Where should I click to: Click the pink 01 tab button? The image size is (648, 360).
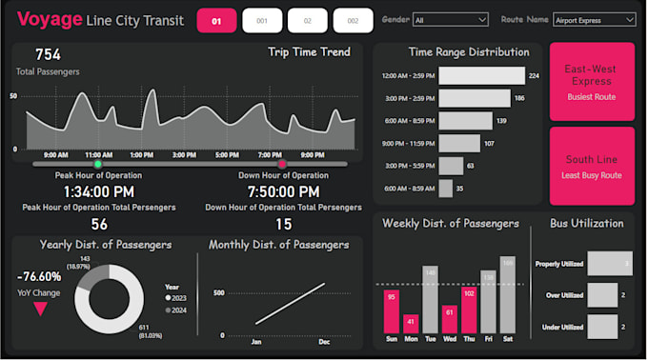click(x=216, y=21)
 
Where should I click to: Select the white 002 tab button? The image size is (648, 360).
click(x=353, y=21)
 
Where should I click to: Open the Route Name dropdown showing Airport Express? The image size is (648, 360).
click(x=580, y=19)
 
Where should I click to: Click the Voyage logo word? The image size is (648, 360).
click(x=50, y=20)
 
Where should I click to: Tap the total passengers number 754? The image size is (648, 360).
click(x=48, y=55)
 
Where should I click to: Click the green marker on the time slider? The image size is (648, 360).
click(x=97, y=165)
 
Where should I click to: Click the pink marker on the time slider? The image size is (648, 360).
click(x=281, y=165)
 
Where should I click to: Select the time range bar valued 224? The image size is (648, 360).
click(x=481, y=75)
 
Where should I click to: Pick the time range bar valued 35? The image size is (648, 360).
click(x=445, y=189)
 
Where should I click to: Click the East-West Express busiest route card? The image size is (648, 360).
click(x=591, y=81)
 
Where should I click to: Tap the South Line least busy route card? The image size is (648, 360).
click(x=591, y=166)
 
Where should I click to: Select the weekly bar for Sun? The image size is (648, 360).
click(x=391, y=312)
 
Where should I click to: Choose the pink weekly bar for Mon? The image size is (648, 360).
click(x=411, y=324)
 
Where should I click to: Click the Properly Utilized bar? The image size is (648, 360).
click(x=610, y=264)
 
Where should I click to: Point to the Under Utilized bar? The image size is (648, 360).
click(x=602, y=327)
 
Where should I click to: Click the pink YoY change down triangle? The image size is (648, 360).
click(x=40, y=308)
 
